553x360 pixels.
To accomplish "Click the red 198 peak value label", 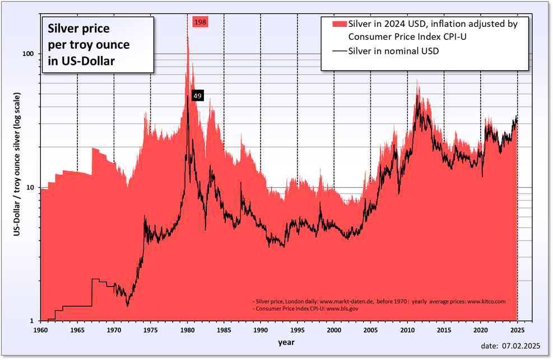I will click(x=200, y=22).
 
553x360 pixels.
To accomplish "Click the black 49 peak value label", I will click(x=197, y=96).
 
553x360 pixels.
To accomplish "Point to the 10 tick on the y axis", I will click(x=31, y=187).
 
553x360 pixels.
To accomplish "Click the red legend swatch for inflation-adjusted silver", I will click(x=339, y=24).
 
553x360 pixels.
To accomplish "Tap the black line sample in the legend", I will click(x=339, y=51).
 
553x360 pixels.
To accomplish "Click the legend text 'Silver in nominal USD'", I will click(x=393, y=51).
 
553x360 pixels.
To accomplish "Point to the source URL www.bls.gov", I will click(x=342, y=309).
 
